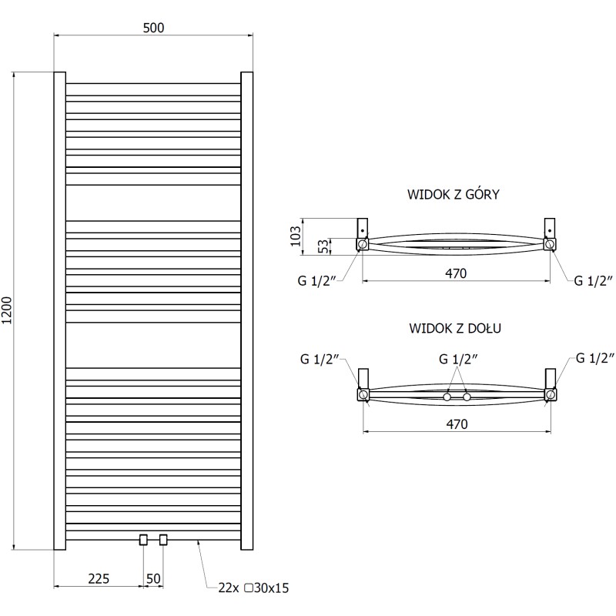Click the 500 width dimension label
pos(153,28)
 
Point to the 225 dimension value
pos(98,578)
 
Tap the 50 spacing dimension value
pos(152,578)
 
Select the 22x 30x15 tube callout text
pos(253,588)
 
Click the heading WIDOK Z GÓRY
pos(454,195)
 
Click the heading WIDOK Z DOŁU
pos(456,329)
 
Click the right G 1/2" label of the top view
pos(593,281)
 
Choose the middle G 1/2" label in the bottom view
pos(458,358)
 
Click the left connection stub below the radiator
pos(142,540)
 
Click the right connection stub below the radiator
pos(163,540)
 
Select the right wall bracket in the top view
pos(550,229)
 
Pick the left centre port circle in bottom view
pos(447,397)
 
